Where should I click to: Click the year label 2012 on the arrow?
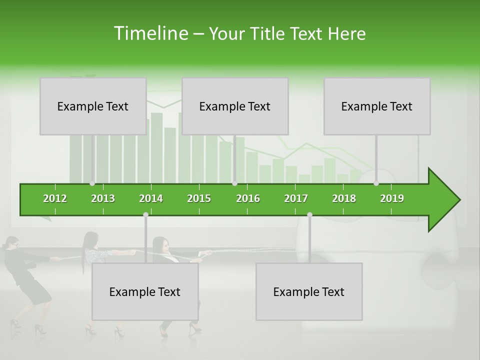[55, 198]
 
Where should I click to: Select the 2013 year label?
[103, 198]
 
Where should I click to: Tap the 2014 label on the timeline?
[151, 198]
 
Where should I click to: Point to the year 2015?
[199, 198]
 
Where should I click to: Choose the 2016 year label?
[248, 198]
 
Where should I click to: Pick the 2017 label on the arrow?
[296, 198]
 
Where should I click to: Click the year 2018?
[344, 198]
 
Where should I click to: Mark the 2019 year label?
[392, 198]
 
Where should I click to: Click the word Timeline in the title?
[150, 33]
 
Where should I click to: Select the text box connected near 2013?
[93, 106]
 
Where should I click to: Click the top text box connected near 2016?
[235, 106]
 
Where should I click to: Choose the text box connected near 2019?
[377, 106]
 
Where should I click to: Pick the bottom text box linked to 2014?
[145, 291]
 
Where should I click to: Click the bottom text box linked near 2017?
[309, 291]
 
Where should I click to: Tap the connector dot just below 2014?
[145, 214]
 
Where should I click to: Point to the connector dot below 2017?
[309, 214]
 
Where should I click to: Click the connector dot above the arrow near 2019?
[376, 183]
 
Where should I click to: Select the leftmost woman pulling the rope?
[25, 280]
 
